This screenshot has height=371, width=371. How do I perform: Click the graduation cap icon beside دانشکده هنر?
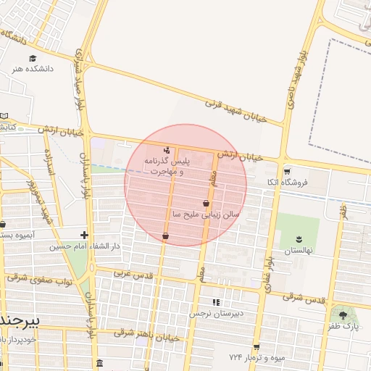[x=32, y=58]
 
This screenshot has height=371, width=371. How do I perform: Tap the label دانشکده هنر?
[x=32, y=70]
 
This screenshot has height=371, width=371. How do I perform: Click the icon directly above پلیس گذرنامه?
[x=167, y=151]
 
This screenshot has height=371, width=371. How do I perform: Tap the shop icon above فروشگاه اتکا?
[x=288, y=172]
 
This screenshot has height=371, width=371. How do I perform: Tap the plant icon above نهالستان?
[x=299, y=238]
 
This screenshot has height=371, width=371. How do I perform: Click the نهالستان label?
[x=299, y=249]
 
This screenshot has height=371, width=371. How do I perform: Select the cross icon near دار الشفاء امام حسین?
[x=85, y=235]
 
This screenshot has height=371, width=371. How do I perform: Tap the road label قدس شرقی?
[x=302, y=296]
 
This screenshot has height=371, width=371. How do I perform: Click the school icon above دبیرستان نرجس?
[x=215, y=302]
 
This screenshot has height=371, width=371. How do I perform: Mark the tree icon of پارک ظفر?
[x=343, y=315]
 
